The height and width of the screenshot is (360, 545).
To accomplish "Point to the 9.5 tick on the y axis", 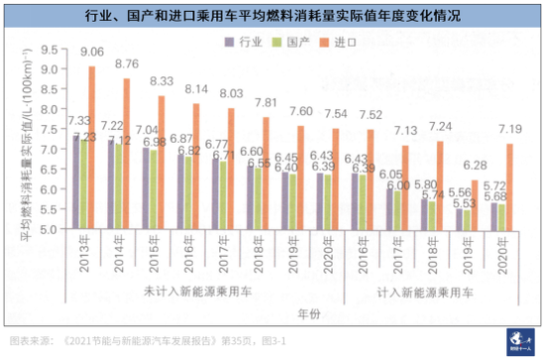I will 52,48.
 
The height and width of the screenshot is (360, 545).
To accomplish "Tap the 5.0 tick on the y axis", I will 52,229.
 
